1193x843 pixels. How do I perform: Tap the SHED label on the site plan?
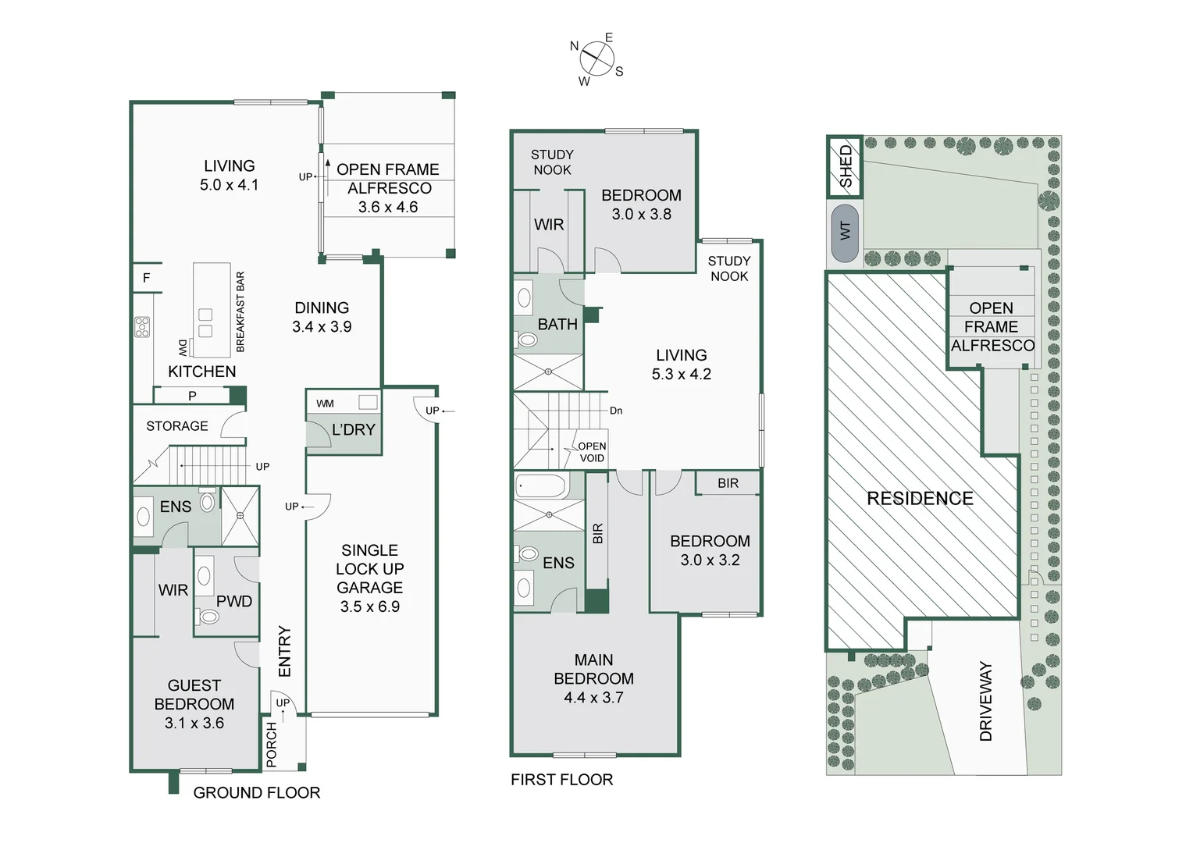(846, 165)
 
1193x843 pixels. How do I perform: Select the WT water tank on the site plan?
(844, 232)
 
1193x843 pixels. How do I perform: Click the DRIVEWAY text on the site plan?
(985, 701)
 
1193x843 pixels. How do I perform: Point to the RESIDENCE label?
(920, 499)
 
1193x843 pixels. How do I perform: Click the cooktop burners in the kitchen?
(142, 326)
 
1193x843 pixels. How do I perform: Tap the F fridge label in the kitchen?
(146, 278)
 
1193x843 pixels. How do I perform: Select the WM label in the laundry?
(325, 404)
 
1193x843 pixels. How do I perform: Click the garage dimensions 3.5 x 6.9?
(369, 606)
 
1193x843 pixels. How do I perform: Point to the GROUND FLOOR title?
(256, 793)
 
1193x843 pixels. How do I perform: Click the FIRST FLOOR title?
(561, 780)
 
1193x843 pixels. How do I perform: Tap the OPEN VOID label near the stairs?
(591, 452)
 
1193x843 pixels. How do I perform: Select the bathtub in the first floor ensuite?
(540, 486)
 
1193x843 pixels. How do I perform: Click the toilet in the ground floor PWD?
(208, 617)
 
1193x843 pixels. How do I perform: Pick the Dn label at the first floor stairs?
(616, 411)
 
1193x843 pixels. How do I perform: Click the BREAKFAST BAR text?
(240, 311)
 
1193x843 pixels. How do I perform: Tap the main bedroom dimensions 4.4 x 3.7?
(593, 698)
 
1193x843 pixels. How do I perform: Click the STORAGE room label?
(177, 426)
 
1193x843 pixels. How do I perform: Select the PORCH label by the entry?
(272, 745)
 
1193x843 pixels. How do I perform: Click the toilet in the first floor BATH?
(528, 340)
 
